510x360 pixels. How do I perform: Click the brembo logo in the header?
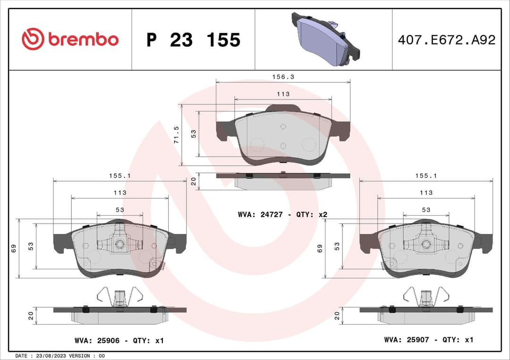coord(70,40)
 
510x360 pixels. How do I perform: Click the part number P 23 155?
coord(193,40)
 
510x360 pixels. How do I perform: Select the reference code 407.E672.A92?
coord(446,40)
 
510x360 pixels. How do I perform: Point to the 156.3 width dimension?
coord(283,76)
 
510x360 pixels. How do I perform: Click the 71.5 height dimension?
coord(176,135)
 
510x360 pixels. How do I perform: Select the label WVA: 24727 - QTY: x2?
coord(282,214)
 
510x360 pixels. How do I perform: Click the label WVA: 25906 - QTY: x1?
coord(119,340)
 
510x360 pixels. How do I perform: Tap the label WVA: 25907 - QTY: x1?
coord(428,340)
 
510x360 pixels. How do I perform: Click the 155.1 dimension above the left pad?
coord(120,175)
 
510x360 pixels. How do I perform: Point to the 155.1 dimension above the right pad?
coord(426,175)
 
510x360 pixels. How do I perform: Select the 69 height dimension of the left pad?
coord(14,247)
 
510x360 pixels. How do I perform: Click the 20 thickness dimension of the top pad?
coord(193,181)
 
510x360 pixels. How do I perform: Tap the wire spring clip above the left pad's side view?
coord(120,297)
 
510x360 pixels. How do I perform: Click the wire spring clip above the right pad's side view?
coord(426,297)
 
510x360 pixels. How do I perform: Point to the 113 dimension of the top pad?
coord(283,94)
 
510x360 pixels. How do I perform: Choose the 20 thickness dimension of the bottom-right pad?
coord(337,316)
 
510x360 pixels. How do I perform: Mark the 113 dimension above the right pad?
coord(426,193)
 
